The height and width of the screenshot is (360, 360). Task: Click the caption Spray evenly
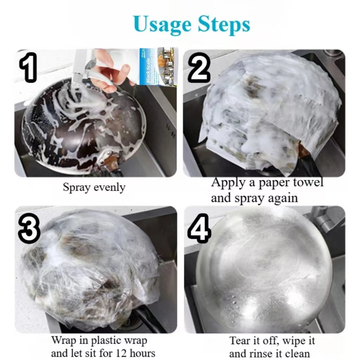(94, 187)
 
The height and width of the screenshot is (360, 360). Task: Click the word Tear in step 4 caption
(240, 341)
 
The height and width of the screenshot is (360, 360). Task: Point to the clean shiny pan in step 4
(264, 271)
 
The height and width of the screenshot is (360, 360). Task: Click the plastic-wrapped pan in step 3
(91, 271)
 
